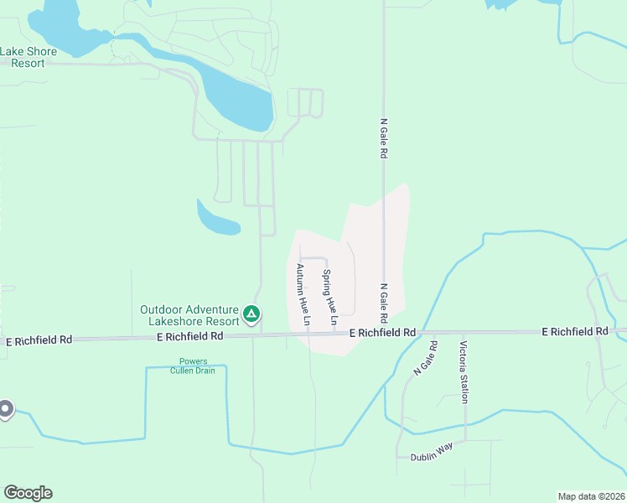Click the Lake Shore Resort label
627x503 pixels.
[x=28, y=57]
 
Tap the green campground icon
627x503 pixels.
[x=251, y=315]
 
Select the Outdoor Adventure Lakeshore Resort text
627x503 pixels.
[x=189, y=315]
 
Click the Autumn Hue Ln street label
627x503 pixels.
[x=302, y=295]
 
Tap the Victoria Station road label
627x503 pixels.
[x=463, y=371]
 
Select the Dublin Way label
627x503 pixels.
[x=432, y=453]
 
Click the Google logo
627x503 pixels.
[x=28, y=493]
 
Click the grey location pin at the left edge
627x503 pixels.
[x=5, y=409]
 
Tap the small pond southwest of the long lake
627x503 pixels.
[x=216, y=219]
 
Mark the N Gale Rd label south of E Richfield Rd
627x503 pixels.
[x=425, y=358]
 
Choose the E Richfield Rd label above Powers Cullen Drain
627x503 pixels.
[x=190, y=336]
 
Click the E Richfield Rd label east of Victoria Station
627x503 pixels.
[x=574, y=332]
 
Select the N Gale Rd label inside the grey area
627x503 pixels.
[x=384, y=303]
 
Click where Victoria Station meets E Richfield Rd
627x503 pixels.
[x=463, y=332]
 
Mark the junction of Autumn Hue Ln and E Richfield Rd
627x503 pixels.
[x=307, y=334]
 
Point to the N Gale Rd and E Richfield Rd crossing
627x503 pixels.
[x=385, y=333]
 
